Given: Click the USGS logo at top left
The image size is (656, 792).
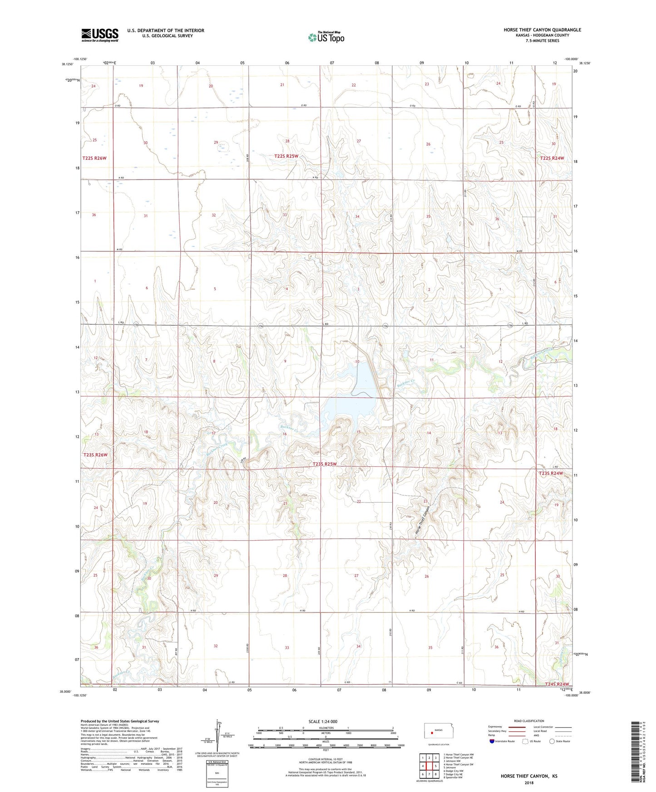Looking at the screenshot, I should [100, 35].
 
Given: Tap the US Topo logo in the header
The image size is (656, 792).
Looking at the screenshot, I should [326, 37].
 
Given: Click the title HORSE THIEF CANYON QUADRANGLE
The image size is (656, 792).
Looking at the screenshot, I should [542, 30].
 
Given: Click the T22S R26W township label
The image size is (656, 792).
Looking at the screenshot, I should [94, 158].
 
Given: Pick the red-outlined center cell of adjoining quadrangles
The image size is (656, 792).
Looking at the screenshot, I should [429, 766].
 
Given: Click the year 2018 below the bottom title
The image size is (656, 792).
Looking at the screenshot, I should [529, 782].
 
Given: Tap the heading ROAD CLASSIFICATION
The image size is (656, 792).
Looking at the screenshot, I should [529, 721].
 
